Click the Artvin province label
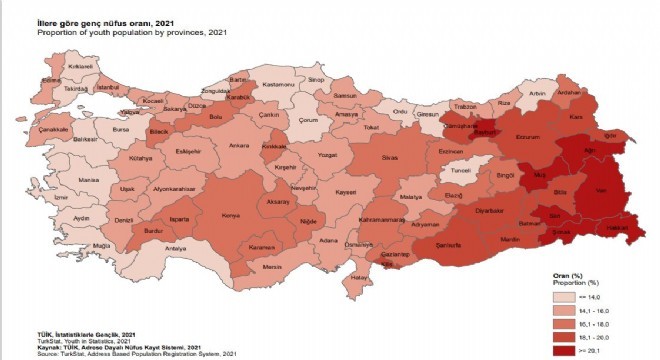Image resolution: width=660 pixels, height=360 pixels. pos(540,94)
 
